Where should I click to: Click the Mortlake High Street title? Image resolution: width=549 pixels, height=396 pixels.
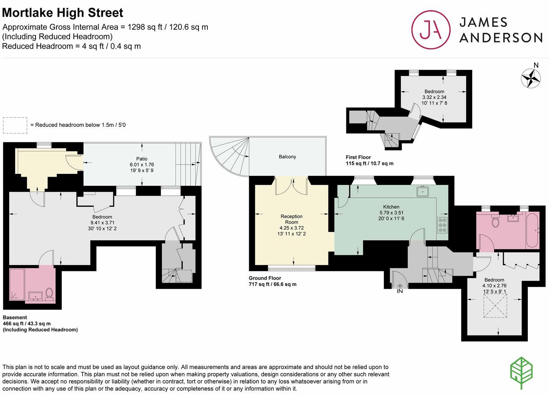pos(63,13)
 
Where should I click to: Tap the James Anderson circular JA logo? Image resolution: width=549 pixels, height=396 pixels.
pos(430,30)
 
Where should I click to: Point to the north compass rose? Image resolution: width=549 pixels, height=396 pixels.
pos(531,78)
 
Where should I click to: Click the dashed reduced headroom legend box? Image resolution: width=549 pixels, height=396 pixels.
pos(15,125)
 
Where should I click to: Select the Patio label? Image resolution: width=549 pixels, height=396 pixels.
pos(142,159)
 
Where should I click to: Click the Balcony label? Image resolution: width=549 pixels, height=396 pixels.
pos(287,157)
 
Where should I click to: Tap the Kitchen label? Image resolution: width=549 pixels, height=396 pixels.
pos(391,207)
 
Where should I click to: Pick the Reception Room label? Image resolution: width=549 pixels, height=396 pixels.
pos(292,219)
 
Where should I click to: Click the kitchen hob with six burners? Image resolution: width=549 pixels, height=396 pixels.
pos(442,225)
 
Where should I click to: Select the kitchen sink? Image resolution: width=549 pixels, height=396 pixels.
pos(423,191)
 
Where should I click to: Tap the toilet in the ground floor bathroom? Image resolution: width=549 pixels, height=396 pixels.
pos(495,221)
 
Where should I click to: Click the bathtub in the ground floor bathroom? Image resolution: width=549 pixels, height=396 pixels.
pos(532,231)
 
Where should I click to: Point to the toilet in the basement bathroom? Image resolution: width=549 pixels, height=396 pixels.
pos(49,293)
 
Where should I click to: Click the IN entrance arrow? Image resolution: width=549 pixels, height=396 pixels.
pos(400,287)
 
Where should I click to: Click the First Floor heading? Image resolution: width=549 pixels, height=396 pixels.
pos(358,157)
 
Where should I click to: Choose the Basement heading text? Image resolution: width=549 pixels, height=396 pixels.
pos(15,318)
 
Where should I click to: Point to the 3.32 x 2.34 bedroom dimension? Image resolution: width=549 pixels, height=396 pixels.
pos(434,97)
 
